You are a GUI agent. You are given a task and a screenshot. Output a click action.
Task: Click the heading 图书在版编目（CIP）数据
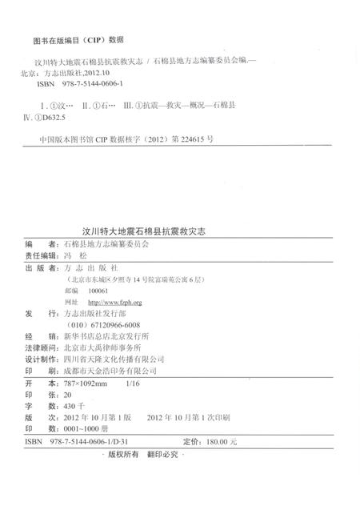pyautogui.click(x=78, y=38)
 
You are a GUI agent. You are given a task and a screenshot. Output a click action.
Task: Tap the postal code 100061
pyautogui.click(x=96, y=291)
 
